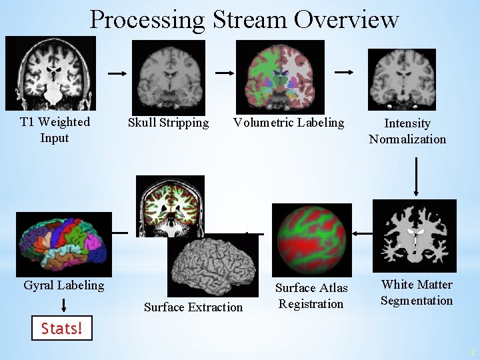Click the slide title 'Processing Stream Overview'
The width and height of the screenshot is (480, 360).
click(244, 19)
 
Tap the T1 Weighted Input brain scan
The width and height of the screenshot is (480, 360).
click(51, 73)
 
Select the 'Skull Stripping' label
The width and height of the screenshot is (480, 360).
click(168, 123)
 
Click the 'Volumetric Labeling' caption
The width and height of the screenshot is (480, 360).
click(289, 123)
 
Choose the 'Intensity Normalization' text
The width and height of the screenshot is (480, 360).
click(407, 131)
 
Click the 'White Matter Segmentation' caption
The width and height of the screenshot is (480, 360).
click(417, 293)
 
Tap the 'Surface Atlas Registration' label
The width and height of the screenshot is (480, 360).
click(311, 296)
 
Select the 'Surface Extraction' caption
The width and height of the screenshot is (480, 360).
click(193, 307)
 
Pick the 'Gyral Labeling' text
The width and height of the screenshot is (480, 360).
click(64, 285)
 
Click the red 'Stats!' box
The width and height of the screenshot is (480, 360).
click(62, 328)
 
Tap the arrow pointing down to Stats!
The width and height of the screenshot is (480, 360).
click(64, 305)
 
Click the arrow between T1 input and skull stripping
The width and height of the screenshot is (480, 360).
click(117, 74)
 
